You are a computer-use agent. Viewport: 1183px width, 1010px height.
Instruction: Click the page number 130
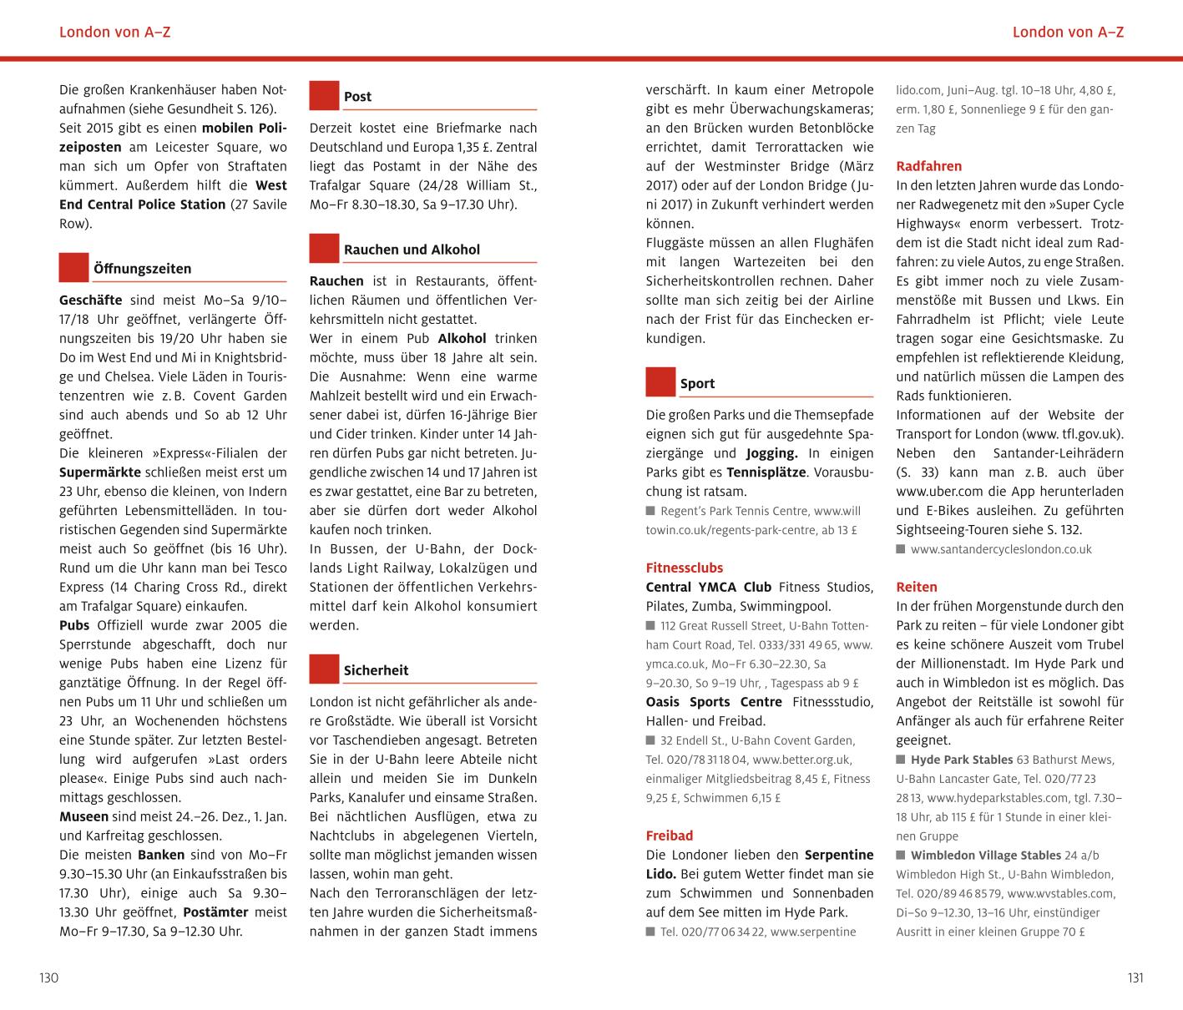48,978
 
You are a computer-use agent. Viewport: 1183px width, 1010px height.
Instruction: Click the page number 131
1135,978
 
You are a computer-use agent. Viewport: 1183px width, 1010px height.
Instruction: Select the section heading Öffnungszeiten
142,269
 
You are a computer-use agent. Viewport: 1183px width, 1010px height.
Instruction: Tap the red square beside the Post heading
324,95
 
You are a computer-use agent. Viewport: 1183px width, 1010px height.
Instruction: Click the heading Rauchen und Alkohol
412,250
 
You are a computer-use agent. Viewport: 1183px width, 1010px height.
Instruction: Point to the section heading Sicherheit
376,670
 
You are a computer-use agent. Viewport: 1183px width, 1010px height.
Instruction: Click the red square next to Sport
660,382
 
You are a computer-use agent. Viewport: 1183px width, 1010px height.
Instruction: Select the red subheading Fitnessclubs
684,568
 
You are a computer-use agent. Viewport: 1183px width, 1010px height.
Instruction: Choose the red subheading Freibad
669,836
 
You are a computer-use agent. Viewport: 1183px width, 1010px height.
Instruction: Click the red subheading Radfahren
928,166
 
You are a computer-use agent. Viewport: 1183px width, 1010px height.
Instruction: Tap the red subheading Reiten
917,587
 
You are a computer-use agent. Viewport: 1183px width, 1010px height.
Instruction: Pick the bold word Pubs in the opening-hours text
75,625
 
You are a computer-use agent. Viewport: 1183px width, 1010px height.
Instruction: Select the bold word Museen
83,816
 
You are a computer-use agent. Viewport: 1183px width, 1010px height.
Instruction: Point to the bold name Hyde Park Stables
961,760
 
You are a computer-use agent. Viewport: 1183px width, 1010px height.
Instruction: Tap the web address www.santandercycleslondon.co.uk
1001,549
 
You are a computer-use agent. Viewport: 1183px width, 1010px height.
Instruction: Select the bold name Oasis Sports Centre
714,702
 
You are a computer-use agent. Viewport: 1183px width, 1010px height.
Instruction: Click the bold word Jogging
771,453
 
